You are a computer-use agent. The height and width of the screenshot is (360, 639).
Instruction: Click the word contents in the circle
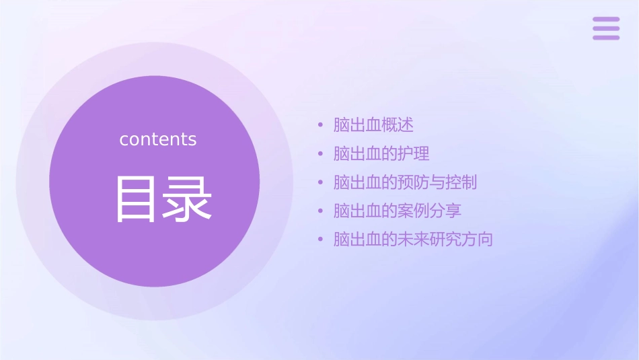coord(158,139)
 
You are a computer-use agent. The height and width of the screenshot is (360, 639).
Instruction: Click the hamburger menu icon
coord(606,28)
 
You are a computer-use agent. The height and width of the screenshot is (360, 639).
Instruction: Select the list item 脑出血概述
coord(373,125)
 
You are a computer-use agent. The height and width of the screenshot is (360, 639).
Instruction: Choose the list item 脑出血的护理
coord(381,153)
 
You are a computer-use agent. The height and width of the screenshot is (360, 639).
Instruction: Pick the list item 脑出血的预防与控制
coord(405,182)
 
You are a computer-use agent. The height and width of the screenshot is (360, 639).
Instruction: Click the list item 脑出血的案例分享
coord(398,211)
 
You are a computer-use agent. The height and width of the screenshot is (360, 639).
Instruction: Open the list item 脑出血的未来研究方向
coord(413,240)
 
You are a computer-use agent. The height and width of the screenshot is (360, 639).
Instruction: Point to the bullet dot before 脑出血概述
coord(321,125)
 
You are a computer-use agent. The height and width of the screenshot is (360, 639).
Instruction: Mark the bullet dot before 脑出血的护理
coord(321,153)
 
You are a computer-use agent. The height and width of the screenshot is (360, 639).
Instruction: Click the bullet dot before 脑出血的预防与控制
coord(321,182)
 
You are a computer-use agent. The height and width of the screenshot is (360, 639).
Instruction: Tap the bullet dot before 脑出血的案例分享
coord(321,211)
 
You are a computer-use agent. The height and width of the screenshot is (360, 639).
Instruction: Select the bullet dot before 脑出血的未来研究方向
coord(321,240)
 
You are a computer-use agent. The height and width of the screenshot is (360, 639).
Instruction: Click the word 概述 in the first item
coord(398,125)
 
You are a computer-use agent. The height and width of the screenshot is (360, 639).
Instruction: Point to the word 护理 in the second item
coord(414,153)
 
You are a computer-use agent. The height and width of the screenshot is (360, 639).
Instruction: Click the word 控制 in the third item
coord(461,182)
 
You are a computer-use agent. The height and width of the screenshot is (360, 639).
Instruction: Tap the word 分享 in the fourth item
coord(445,211)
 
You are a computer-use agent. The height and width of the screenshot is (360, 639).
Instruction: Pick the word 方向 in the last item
coord(478,240)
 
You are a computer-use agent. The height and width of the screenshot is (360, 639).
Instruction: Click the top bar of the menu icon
coord(606,20)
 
